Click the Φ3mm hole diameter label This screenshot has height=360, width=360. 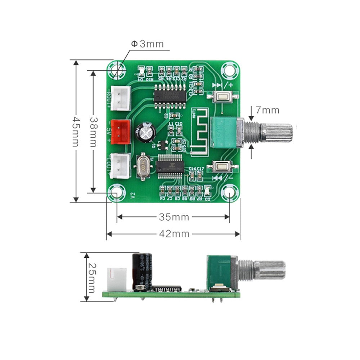(147, 44)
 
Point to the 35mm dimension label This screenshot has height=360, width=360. (174, 217)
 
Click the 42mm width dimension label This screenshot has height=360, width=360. (174, 234)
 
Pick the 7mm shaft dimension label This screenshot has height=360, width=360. (267, 110)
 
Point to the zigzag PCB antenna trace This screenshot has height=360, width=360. (198, 131)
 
